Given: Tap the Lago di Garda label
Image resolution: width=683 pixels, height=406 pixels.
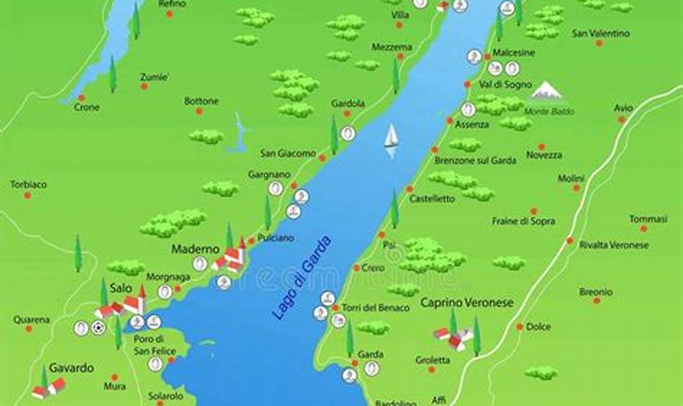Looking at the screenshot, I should [302, 278].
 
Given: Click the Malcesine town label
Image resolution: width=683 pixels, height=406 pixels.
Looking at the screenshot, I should [514, 53].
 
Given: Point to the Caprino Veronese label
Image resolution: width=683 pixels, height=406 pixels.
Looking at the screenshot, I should [467, 303].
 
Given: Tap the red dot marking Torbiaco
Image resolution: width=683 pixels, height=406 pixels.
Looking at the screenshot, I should [27, 196].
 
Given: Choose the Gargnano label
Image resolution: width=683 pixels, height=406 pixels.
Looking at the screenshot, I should [269, 175].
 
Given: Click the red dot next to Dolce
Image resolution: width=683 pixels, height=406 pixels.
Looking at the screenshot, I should [519, 326].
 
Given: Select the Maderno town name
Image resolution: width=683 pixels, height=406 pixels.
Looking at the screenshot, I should [195, 249].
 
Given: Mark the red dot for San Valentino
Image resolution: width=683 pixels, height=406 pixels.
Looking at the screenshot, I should [599, 43].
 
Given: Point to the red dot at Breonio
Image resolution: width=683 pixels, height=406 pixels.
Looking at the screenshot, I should [596, 300].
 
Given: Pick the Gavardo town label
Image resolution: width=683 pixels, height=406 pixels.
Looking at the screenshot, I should [71, 368].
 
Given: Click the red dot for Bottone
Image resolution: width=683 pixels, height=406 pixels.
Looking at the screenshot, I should [199, 111].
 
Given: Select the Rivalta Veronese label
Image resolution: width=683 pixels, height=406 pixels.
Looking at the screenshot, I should [614, 245].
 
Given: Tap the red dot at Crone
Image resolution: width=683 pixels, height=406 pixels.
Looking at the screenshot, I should [81, 98].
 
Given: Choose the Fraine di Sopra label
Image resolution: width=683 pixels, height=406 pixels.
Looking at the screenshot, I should [523, 221].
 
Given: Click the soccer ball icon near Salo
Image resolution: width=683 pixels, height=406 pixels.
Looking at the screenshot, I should [98, 327].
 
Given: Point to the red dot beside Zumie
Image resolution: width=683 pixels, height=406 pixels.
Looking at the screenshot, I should [144, 86].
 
